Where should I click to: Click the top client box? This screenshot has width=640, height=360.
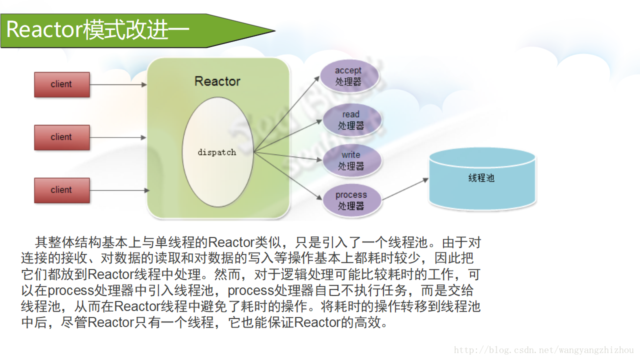[61, 84]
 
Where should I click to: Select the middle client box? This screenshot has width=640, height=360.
[61, 137]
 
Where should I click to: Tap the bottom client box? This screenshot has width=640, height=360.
[61, 190]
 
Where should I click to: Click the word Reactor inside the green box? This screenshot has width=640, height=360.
[217, 81]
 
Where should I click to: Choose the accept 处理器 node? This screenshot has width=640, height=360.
[348, 76]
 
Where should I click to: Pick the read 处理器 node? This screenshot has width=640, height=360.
[351, 120]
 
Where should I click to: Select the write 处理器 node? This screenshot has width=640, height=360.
[351, 160]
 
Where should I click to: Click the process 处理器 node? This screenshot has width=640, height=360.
[351, 200]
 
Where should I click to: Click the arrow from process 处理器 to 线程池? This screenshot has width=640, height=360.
[405, 189]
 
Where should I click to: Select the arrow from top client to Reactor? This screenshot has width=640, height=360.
[118, 84]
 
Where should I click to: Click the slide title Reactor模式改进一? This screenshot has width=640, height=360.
[98, 30]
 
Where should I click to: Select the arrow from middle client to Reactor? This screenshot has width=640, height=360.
[118, 137]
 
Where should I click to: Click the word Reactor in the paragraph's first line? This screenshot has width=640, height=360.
[231, 243]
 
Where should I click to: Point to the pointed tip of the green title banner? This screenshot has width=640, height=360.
[274, 30]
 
